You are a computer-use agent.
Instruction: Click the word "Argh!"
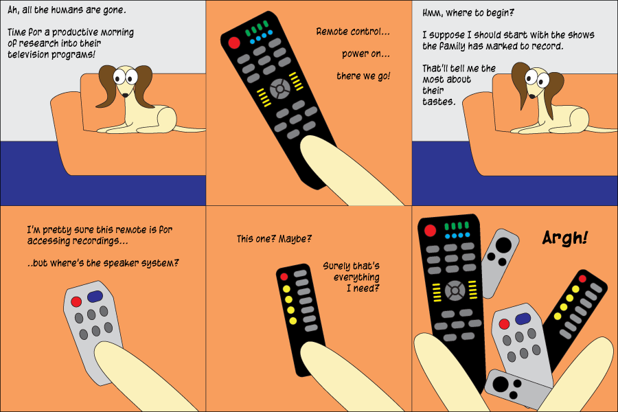click(565, 238)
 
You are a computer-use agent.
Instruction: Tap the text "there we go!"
click(363, 76)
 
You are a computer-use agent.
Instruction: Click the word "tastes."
click(439, 102)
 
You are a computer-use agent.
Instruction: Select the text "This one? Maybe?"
click(274, 239)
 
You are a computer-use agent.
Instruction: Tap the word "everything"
click(356, 277)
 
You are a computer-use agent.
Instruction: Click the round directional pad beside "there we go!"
click(280, 89)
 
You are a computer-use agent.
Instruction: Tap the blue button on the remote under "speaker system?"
click(95, 297)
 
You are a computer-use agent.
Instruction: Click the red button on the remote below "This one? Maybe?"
click(284, 277)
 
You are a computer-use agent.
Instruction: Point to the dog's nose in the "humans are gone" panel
click(124, 95)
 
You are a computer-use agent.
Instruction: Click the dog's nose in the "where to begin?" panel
click(531, 96)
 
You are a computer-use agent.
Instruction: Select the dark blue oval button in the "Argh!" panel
click(523, 319)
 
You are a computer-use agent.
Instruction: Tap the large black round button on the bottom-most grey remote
click(501, 384)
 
